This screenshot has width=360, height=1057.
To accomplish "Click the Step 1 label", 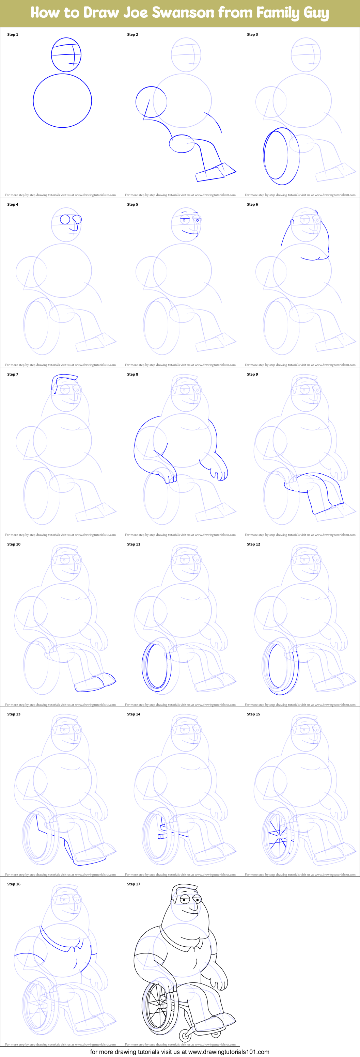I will click(x=13, y=34).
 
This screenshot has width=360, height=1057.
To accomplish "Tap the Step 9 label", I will click(x=252, y=374).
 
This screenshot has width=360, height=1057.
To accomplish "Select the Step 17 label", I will click(x=134, y=884).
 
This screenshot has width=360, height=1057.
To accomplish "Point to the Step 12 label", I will click(x=253, y=544).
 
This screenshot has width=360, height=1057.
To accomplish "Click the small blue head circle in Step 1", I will click(x=66, y=54).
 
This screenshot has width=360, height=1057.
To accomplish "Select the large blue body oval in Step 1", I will click(x=62, y=100).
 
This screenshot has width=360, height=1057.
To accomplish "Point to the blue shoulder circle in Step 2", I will click(x=151, y=102).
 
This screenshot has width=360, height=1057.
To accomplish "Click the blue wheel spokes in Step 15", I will click(x=278, y=839).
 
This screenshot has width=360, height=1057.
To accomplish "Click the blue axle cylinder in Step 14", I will click(x=162, y=836).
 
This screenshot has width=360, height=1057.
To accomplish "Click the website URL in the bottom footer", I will click(x=229, y=1052).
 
